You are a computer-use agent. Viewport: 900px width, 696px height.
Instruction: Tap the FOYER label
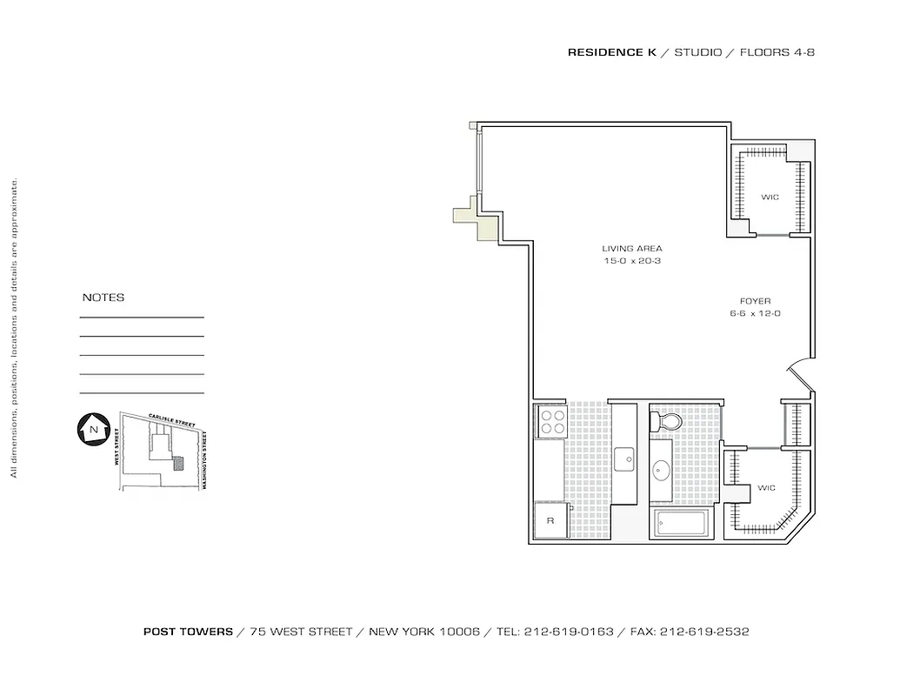(755, 301)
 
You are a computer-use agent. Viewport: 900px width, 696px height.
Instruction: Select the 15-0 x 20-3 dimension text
(632, 261)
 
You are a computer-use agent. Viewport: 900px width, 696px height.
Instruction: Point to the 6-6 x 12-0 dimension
(755, 313)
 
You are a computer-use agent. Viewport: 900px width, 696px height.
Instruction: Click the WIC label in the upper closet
(770, 197)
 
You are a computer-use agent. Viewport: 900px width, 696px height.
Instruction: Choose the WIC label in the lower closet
(766, 488)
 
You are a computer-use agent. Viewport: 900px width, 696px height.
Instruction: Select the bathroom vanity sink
(662, 472)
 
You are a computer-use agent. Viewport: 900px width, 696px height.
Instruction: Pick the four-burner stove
(552, 422)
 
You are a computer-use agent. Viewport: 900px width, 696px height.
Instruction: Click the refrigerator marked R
(550, 520)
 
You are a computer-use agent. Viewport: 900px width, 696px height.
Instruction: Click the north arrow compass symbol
(90, 429)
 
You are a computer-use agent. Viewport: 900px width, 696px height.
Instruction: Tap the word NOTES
(103, 298)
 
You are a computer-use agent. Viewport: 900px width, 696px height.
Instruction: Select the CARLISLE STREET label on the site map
(171, 420)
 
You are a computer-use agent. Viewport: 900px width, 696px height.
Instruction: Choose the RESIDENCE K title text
(611, 52)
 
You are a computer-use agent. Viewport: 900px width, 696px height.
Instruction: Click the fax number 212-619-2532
(705, 632)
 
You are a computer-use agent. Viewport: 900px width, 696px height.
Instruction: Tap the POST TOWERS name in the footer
(188, 632)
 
